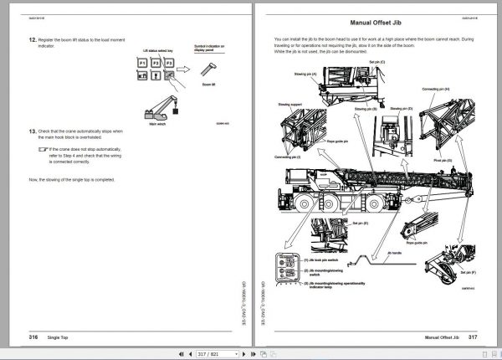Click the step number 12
point(31,39)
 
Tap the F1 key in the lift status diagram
point(142,64)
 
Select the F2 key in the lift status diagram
point(156,64)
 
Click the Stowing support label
point(279,106)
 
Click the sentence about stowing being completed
point(71,180)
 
